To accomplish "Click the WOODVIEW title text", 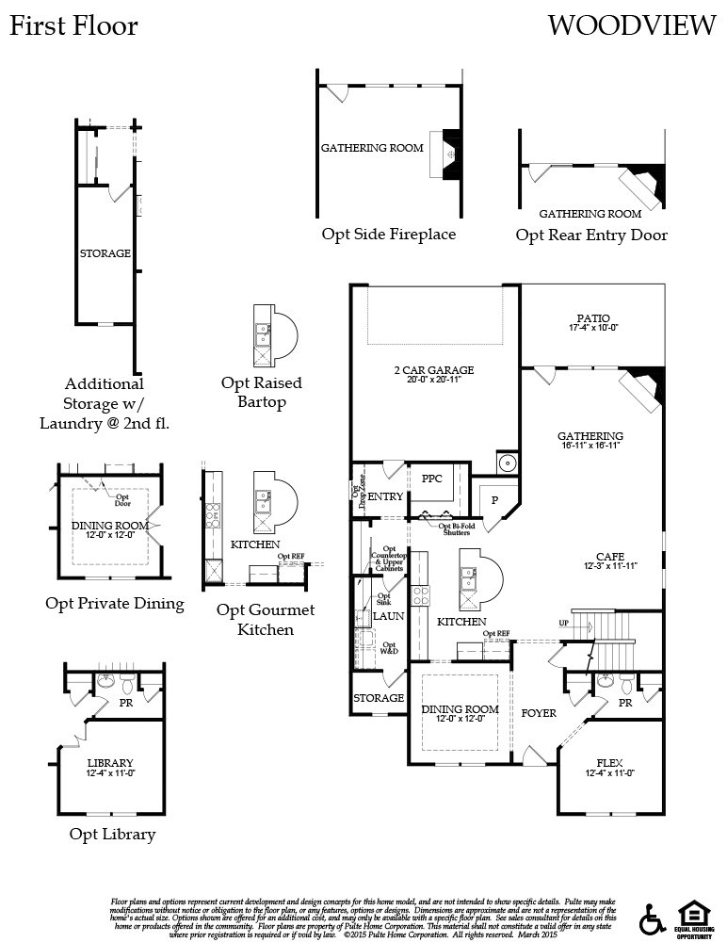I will click(x=631, y=26).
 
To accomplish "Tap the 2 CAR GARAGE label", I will click(x=433, y=370).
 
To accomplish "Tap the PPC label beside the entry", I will click(x=432, y=479).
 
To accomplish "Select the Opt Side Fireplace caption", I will click(x=388, y=234).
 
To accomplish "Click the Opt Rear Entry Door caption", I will click(x=591, y=235).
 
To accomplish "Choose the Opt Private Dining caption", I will click(x=115, y=603).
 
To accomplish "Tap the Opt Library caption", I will click(x=112, y=834).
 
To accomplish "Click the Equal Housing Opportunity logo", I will click(x=692, y=916).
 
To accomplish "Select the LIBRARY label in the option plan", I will click(x=110, y=762).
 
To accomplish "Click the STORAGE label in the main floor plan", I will click(x=379, y=698).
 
